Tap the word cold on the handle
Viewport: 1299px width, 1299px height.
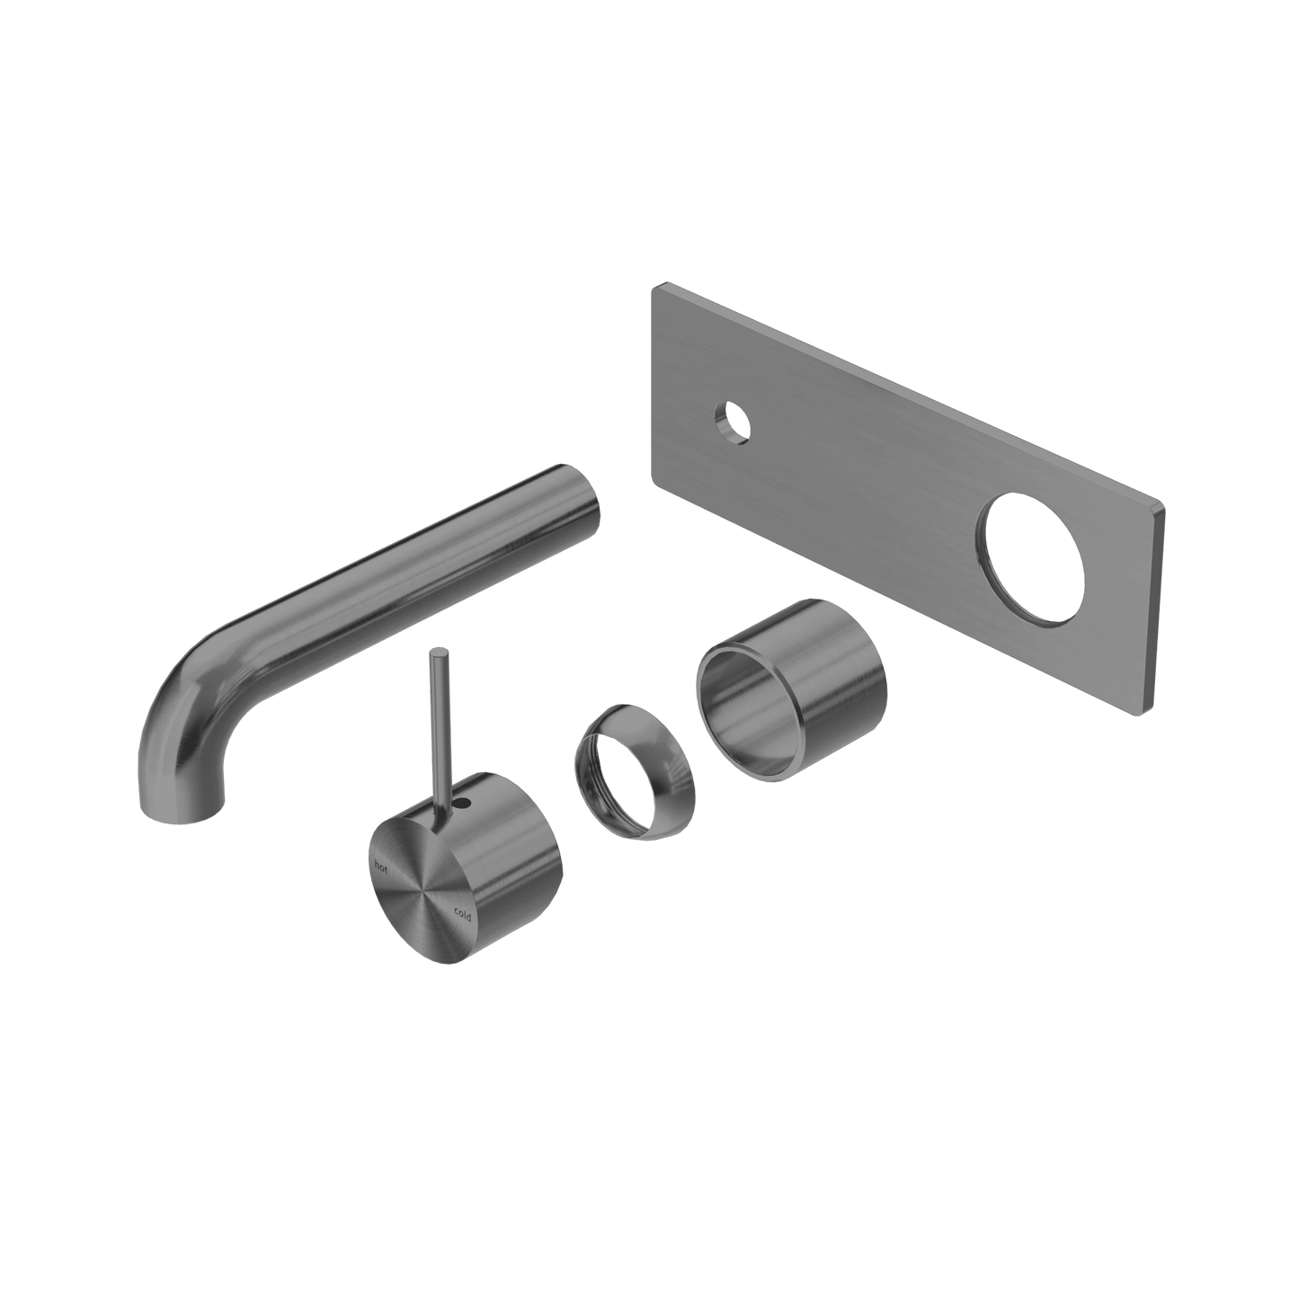[x=462, y=914]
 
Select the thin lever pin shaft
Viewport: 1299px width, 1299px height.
[x=439, y=734]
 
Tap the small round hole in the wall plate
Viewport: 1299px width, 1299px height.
[x=733, y=423]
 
